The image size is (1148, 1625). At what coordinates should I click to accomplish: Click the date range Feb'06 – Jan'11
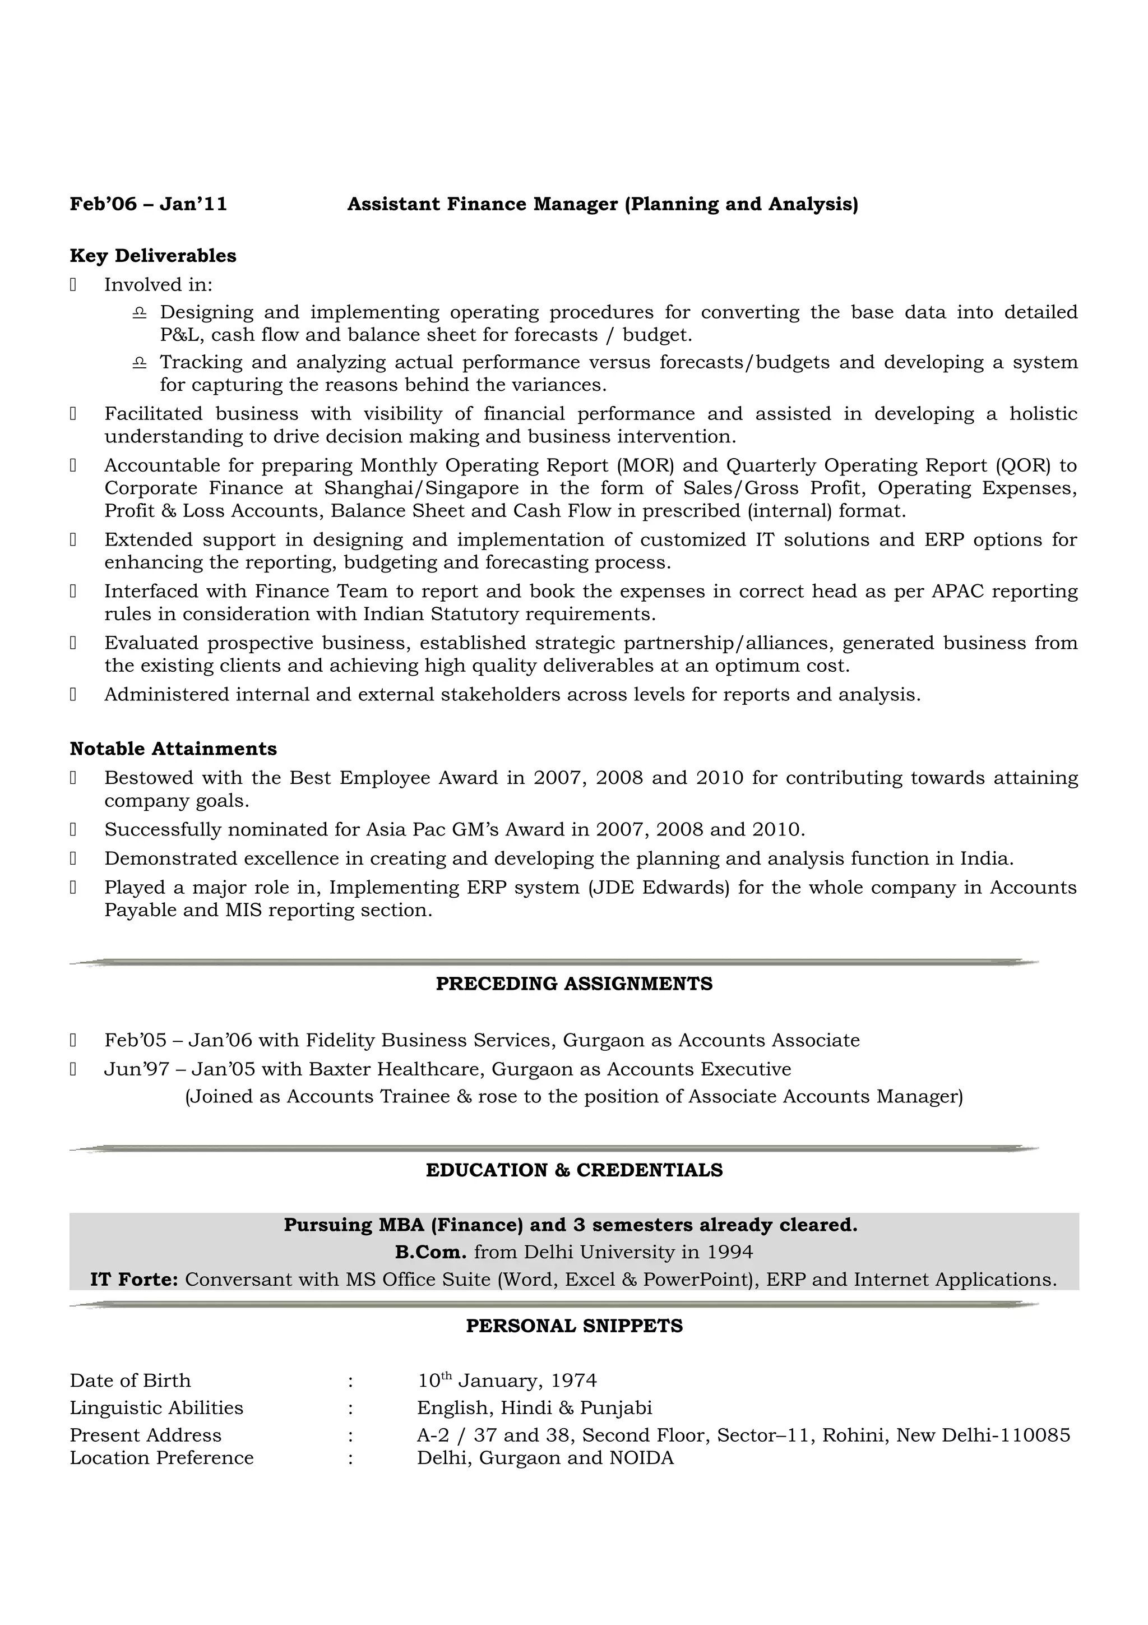pyautogui.click(x=149, y=205)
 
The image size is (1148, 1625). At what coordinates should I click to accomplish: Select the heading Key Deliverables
pyautogui.click(x=153, y=256)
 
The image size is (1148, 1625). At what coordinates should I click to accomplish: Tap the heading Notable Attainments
pyautogui.click(x=173, y=749)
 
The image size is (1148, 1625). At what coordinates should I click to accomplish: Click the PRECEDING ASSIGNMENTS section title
pyautogui.click(x=573, y=984)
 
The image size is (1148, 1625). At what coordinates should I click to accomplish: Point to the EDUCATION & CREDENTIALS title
pyautogui.click(x=573, y=1170)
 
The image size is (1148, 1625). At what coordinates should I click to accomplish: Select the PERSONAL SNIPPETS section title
pyautogui.click(x=573, y=1326)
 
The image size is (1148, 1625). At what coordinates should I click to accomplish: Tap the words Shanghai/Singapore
pyautogui.click(x=421, y=488)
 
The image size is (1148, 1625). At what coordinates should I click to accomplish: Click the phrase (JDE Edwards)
pyautogui.click(x=659, y=888)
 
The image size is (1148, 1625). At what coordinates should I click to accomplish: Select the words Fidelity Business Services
pyautogui.click(x=432, y=1040)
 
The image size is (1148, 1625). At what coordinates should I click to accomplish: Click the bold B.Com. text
pyautogui.click(x=430, y=1252)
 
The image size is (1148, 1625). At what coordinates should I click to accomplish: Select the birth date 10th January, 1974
pyautogui.click(x=506, y=1381)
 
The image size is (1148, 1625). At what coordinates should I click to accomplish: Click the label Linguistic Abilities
pyautogui.click(x=156, y=1408)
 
